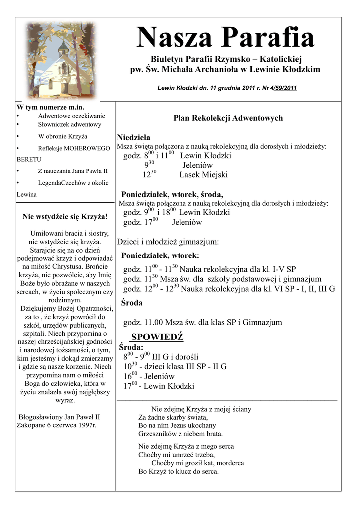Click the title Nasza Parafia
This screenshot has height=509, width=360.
coord(225,38)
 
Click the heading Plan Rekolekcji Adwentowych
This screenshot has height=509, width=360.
coord(228,118)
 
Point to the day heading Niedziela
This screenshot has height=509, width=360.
coord(134,137)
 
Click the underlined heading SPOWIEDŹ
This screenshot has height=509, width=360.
coord(157,337)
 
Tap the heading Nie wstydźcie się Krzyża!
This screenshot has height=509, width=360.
coord(65,217)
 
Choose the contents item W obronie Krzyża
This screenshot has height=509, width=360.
coord(62,136)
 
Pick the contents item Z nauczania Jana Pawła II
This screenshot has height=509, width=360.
coord(73,171)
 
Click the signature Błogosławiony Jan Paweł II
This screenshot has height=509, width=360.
coord(59,417)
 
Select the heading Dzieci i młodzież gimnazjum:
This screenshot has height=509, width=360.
coord(168,242)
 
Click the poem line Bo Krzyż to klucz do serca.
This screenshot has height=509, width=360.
coord(179,471)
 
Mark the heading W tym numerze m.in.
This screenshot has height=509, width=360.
coord(50,107)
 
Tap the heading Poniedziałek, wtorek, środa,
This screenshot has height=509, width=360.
coord(172,194)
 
